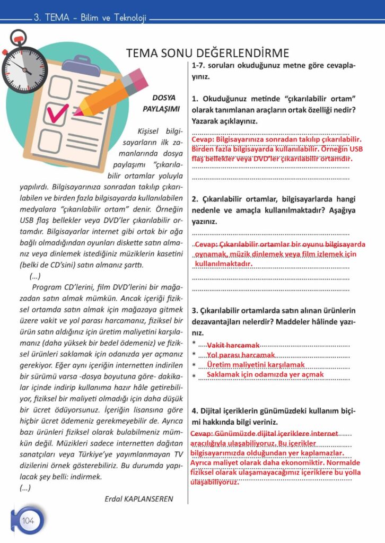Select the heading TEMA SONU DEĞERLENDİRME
click(207, 53)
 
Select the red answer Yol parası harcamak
click(241, 355)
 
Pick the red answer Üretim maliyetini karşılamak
click(256, 365)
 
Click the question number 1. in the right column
click(195, 99)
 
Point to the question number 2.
click(195, 199)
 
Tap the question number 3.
click(195, 310)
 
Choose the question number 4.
click(195, 411)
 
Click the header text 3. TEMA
click(50, 17)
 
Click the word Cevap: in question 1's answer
click(203, 139)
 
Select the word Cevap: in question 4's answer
click(202, 434)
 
